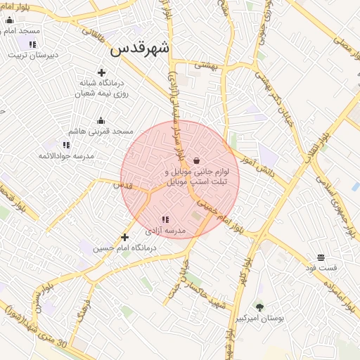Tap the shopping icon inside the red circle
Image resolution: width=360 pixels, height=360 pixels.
(x=195, y=160)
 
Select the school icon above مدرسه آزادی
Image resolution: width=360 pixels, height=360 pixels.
(x=165, y=220)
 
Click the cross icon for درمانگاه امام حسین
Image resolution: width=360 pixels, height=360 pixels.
(x=125, y=238)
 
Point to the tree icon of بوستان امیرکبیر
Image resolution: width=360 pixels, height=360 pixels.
(x=259, y=307)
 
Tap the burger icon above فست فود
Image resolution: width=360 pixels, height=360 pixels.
(x=321, y=257)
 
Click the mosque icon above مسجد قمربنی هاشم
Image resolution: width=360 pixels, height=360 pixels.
(x=101, y=120)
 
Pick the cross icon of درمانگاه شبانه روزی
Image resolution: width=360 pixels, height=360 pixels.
(x=102, y=72)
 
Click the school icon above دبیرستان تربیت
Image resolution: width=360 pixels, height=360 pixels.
(x=32, y=44)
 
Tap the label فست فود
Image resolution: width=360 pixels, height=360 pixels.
(x=321, y=268)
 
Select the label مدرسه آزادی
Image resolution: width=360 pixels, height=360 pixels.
(x=165, y=231)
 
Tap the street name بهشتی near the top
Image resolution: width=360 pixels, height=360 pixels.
(x=208, y=64)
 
